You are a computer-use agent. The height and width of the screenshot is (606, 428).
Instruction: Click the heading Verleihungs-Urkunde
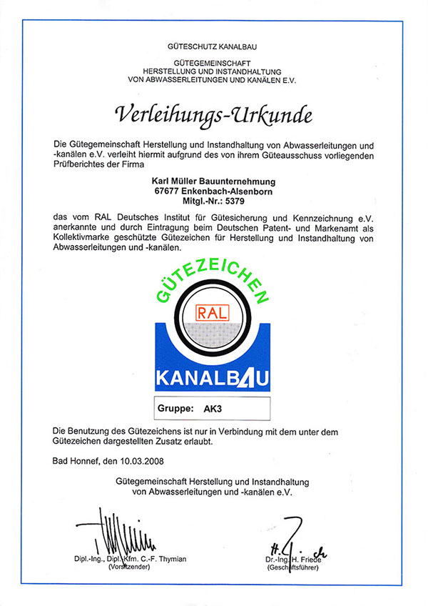click(214, 114)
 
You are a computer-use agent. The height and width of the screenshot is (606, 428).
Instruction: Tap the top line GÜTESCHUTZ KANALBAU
click(214, 47)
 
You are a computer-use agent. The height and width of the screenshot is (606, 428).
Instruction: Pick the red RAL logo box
click(214, 312)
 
